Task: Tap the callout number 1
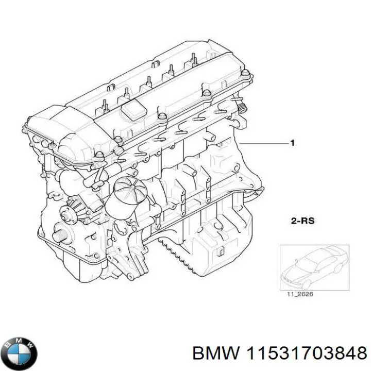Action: [293, 143]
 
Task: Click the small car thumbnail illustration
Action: [313, 267]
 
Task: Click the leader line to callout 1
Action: [263, 143]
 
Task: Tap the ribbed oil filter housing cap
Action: [128, 191]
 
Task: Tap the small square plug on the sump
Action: [218, 251]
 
